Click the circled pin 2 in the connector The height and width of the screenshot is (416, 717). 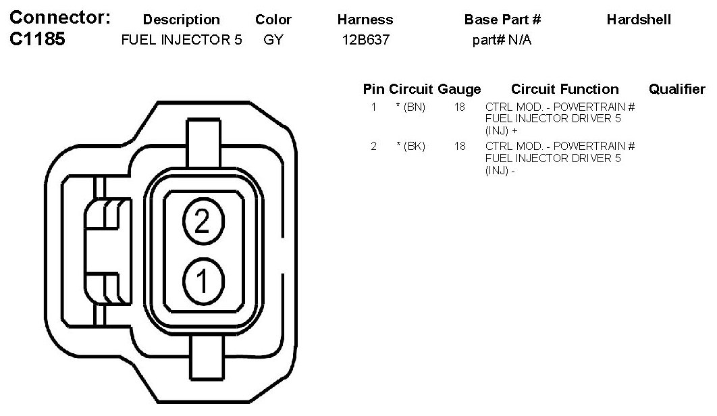pyautogui.click(x=203, y=221)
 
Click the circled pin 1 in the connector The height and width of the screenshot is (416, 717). pyautogui.click(x=203, y=280)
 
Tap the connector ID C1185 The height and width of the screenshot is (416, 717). pyautogui.click(x=38, y=39)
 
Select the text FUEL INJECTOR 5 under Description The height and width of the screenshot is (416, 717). pyautogui.click(x=182, y=40)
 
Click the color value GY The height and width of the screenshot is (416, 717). pyautogui.click(x=273, y=40)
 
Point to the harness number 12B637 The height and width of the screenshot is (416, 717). pyautogui.click(x=366, y=40)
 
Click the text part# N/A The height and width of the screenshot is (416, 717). pyautogui.click(x=502, y=41)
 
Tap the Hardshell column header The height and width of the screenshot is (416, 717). pyautogui.click(x=639, y=20)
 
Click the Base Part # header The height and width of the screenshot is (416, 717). pyautogui.click(x=502, y=20)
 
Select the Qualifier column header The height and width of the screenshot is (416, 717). pyautogui.click(x=677, y=88)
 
